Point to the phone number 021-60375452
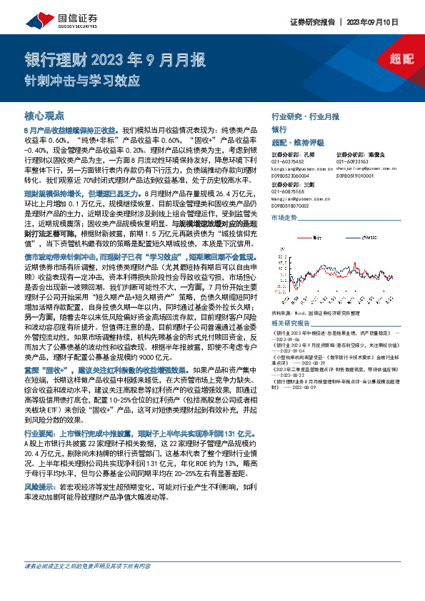click(288, 161)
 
